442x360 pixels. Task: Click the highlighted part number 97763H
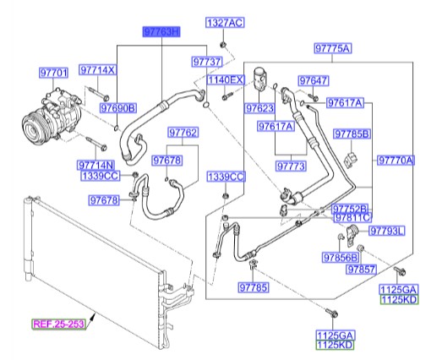161,32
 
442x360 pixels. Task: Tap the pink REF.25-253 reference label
58,324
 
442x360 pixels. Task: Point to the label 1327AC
224,21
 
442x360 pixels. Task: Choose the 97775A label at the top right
333,48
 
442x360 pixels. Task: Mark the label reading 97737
206,62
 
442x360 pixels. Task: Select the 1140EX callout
226,79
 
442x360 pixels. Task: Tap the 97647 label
312,80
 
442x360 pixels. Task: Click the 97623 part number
260,109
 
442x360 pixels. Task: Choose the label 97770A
396,159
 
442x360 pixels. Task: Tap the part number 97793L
388,230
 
